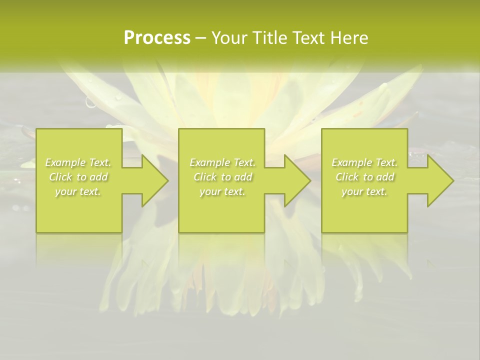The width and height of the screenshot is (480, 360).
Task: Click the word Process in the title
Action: pos(157,38)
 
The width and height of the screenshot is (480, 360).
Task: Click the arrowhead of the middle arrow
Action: pos(297,180)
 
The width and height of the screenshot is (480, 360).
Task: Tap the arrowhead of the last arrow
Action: pos(440,180)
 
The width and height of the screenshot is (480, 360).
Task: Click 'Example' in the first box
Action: pos(65,162)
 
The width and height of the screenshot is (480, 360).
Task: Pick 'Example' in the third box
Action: pos(352,162)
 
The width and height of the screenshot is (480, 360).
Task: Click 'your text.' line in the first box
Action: pos(78,191)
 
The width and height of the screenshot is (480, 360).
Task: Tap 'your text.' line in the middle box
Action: pos(222,191)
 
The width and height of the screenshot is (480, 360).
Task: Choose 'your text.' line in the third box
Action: pos(364,191)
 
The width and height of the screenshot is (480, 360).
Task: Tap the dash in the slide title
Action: pos(200,38)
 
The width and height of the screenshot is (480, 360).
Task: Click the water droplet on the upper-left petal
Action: pos(91,102)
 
